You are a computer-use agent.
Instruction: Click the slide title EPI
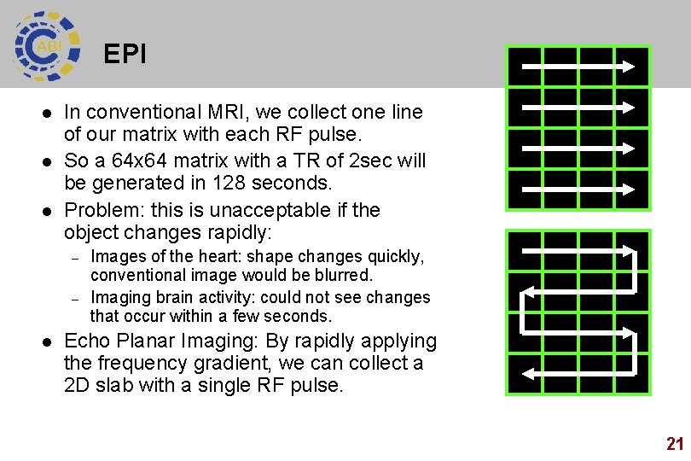tap(125, 55)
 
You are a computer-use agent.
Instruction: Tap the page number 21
tap(675, 443)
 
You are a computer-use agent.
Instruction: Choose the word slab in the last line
tap(125, 385)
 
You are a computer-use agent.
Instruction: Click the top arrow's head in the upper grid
tap(628, 66)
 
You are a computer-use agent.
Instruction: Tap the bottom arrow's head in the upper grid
tap(628, 189)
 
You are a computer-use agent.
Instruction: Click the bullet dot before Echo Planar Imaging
tap(48, 342)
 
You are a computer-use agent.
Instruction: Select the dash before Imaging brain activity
tap(75, 299)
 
